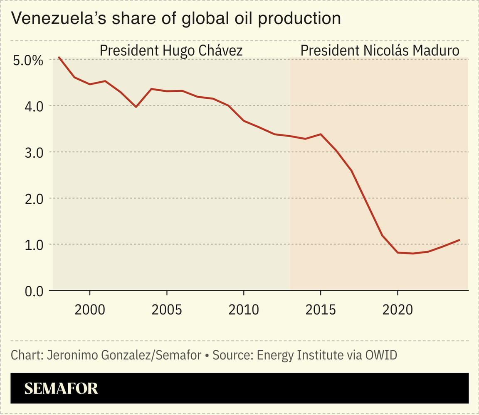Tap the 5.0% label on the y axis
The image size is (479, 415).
pos(28,61)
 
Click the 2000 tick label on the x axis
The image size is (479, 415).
pos(90,310)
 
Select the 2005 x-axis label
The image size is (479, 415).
pos(167,310)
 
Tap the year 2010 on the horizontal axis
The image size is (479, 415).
pos(243,310)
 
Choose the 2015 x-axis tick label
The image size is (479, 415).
pos(320,310)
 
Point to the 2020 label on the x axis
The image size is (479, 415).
pos(397,310)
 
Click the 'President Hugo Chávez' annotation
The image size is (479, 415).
pos(171,51)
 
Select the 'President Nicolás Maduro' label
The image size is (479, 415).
pos(380,51)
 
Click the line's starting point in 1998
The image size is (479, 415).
pos(59,57)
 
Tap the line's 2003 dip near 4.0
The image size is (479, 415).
pos(136,107)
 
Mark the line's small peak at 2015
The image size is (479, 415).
pos(321,134)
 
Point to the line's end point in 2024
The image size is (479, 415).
pos(459,240)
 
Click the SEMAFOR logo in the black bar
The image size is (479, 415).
pos(61,388)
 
